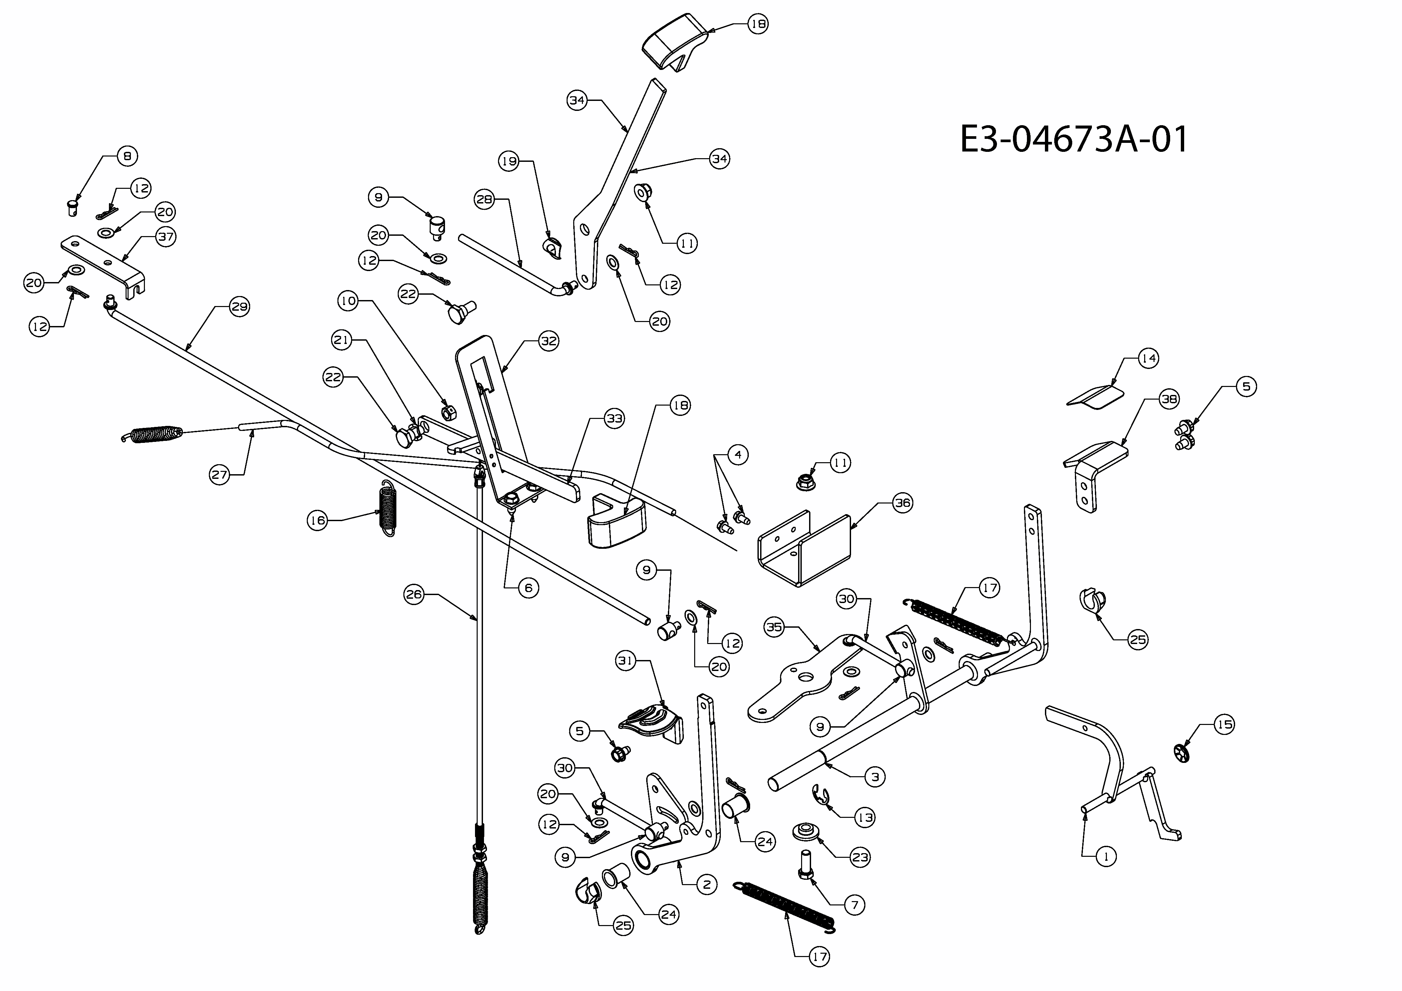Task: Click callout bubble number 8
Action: (x=127, y=156)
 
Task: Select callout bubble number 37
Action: (x=166, y=236)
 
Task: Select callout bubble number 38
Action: (x=1169, y=399)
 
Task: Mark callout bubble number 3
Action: (x=875, y=777)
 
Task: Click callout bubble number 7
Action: (x=854, y=904)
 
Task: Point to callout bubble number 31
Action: (x=627, y=661)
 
